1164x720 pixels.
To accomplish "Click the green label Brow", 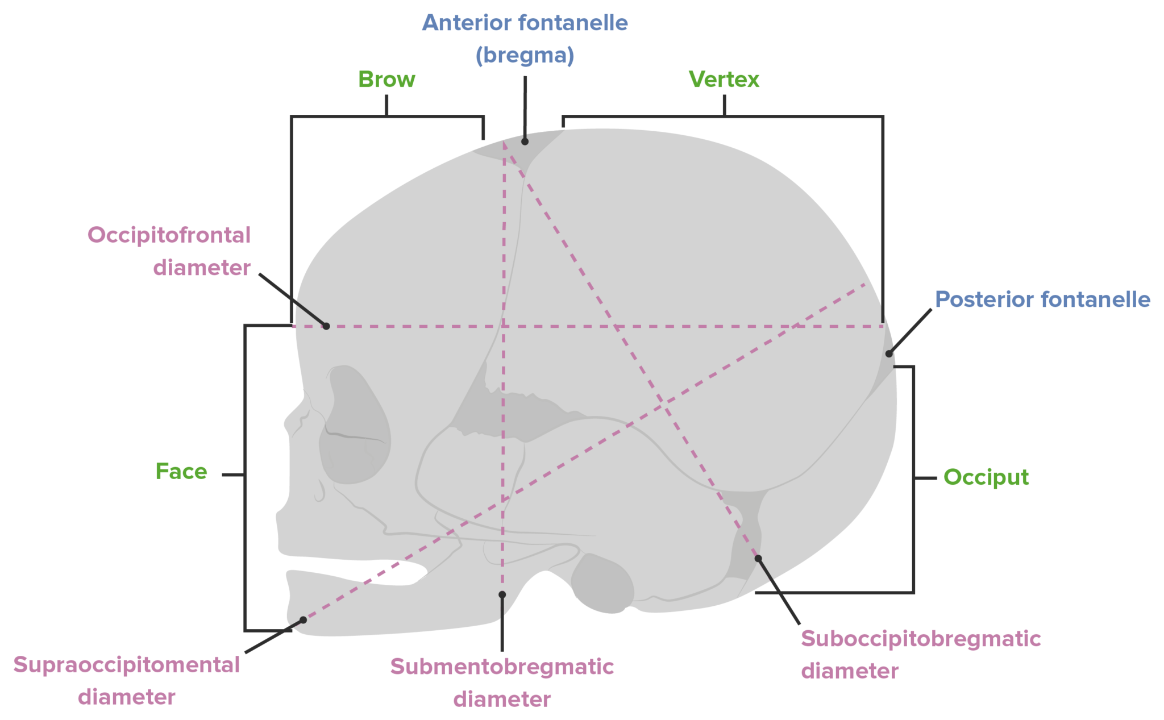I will coord(386,80).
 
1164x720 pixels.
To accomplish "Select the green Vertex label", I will coord(724,80).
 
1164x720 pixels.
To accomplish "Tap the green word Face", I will coord(181,471).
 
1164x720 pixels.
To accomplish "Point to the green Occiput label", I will coord(986,477).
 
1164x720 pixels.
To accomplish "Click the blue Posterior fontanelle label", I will coord(1042,299).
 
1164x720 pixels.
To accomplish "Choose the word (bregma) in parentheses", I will coord(525,55).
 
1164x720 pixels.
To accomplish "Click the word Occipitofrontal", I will coord(169,235).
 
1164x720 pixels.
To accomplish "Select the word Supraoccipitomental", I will coord(126,665).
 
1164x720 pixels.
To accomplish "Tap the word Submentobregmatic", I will coord(502,667).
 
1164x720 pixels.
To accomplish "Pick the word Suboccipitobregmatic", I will coord(921,639).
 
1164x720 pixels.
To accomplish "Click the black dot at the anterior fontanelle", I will coord(525,141).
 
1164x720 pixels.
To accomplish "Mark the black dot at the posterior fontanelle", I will coord(889,354).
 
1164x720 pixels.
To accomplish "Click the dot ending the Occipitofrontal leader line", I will coord(326,326).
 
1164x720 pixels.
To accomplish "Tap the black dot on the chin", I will coord(303,620).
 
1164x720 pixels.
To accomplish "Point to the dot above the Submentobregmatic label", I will coord(502,594).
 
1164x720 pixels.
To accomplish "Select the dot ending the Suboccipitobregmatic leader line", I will coord(758,559).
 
